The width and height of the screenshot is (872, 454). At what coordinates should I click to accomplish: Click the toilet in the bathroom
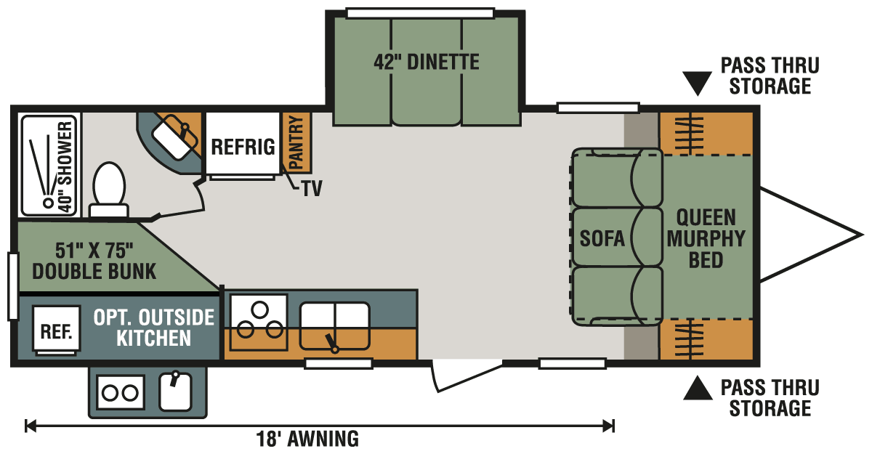tap(109, 190)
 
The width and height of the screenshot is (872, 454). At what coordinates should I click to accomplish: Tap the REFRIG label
tap(243, 147)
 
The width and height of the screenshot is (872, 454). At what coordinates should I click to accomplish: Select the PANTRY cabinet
tap(296, 142)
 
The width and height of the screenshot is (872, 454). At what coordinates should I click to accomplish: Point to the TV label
tap(312, 189)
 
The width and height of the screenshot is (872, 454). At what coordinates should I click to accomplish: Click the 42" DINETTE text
tap(427, 62)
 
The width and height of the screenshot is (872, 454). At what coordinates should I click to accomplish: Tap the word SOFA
tap(602, 238)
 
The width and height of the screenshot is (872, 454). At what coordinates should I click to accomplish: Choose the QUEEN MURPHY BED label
tap(706, 238)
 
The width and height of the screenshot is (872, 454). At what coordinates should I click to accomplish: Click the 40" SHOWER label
tap(65, 167)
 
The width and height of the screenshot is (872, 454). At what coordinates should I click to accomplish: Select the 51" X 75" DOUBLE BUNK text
tap(94, 261)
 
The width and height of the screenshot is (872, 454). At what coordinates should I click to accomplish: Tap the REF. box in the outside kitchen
tap(57, 331)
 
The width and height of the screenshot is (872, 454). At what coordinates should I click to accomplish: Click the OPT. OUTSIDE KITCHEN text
tap(154, 328)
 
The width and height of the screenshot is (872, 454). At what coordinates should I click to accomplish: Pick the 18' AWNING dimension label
tap(307, 439)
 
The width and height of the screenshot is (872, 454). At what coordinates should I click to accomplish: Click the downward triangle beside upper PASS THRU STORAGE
tap(697, 83)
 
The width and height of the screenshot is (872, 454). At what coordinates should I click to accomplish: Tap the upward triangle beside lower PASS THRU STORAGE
tap(698, 389)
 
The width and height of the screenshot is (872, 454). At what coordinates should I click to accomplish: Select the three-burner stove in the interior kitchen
tap(259, 322)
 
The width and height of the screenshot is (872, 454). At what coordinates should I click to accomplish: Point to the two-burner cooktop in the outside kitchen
tap(121, 392)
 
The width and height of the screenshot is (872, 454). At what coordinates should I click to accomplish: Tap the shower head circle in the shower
tap(49, 203)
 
